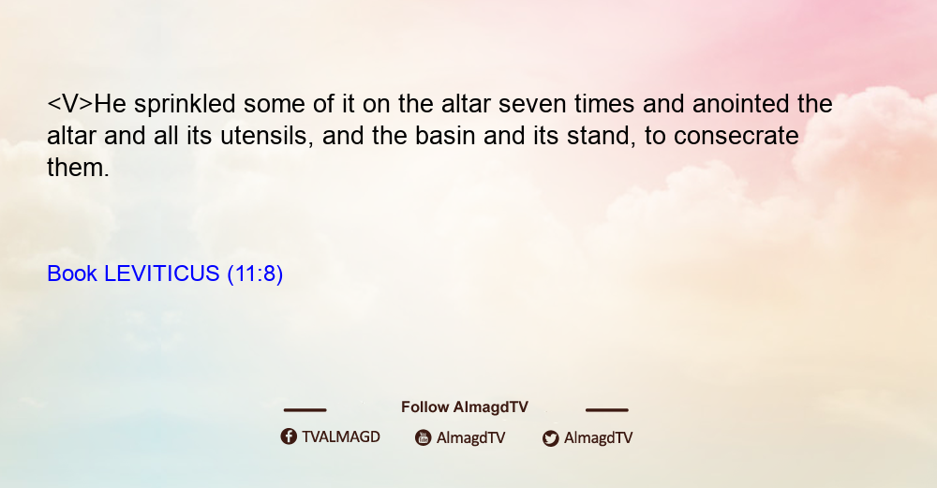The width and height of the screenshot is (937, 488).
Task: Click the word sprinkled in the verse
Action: [x=185, y=105]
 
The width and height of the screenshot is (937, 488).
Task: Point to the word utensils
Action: [x=266, y=136]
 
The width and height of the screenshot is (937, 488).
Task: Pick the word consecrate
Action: [x=736, y=136]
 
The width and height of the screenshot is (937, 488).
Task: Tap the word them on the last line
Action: [x=77, y=168]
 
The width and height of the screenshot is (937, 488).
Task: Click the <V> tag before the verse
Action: [x=70, y=104]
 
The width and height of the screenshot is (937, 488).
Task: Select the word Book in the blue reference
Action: [x=72, y=274]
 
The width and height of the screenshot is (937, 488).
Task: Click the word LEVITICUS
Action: [x=162, y=274]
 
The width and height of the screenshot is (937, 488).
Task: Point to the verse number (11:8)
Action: [x=255, y=274]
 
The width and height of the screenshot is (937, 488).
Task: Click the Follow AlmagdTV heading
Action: [x=465, y=407]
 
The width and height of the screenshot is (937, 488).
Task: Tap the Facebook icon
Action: [x=289, y=436]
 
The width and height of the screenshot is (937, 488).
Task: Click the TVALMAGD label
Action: [x=341, y=437]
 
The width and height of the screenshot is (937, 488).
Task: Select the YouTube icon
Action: [x=424, y=437]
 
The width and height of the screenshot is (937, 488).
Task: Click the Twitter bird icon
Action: [x=551, y=438]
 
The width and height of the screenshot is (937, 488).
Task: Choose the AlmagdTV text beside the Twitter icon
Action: [x=598, y=438]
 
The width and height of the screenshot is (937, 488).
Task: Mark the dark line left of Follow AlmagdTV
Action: [x=305, y=410]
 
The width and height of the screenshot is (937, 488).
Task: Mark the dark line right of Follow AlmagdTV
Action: [x=607, y=410]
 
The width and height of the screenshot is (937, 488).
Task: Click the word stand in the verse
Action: [x=602, y=136]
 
